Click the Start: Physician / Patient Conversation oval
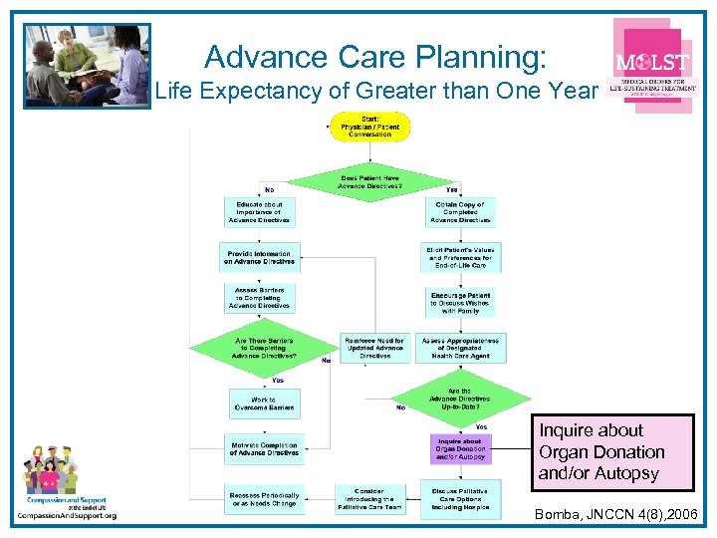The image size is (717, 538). point(369,127)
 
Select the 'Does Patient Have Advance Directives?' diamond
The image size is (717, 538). point(370,181)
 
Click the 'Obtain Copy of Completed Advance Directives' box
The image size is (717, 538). point(460,212)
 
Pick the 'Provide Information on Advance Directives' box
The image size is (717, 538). point(259,257)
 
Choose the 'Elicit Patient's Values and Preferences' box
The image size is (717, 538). point(460,257)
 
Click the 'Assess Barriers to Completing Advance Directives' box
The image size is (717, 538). point(259,298)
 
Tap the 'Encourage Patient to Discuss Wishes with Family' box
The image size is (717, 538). point(460,303)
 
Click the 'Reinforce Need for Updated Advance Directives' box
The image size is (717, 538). point(375,348)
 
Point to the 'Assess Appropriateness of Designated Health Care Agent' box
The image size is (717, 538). point(460,348)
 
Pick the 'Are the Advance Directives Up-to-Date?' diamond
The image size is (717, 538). point(460,399)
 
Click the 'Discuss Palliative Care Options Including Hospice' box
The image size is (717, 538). point(460,497)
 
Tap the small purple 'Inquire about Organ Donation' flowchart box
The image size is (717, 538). point(460,449)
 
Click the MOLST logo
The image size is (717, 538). point(652,74)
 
